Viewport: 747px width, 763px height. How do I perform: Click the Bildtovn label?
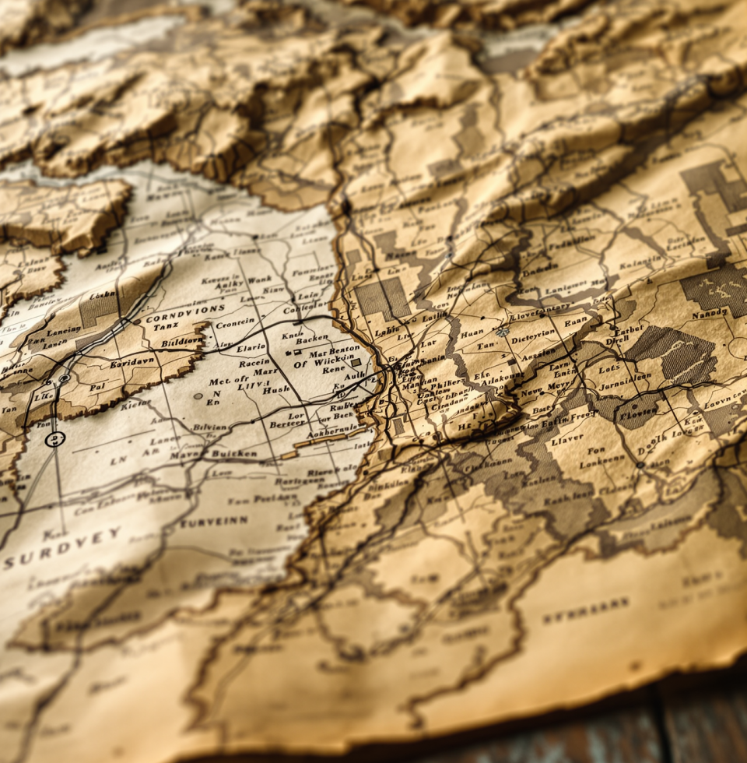180,341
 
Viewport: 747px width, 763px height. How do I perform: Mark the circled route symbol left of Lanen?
54,439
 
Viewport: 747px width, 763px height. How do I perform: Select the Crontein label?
234,323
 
